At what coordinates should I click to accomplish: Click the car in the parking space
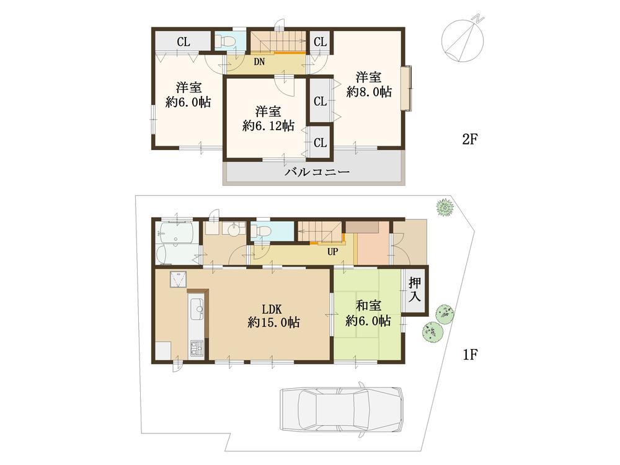[x=342, y=410]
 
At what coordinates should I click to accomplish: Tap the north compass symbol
[x=462, y=39]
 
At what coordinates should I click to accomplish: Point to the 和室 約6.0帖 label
[x=368, y=314]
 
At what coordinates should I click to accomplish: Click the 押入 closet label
[x=415, y=290]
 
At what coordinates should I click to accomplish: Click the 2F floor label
[x=469, y=139]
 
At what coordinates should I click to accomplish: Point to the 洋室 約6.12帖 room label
[x=268, y=118]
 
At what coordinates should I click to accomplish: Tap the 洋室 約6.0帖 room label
[x=187, y=94]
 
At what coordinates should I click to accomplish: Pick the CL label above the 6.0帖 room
[x=183, y=42]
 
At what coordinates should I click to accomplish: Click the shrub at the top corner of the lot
[x=444, y=208]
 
